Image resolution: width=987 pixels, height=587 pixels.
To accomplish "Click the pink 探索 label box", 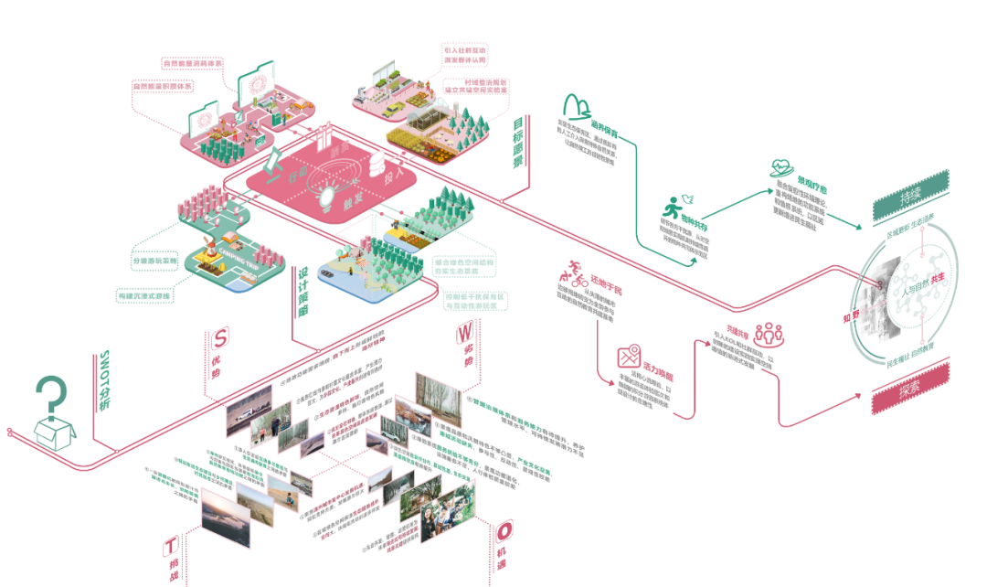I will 909,387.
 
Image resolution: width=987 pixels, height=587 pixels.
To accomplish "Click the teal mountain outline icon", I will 578,107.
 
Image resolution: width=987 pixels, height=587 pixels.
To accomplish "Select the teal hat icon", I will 781,168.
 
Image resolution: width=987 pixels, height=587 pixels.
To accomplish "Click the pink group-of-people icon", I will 769,334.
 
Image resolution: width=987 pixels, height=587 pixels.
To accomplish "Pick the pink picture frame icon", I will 629,358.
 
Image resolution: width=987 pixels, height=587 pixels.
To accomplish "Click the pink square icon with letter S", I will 219,337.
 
